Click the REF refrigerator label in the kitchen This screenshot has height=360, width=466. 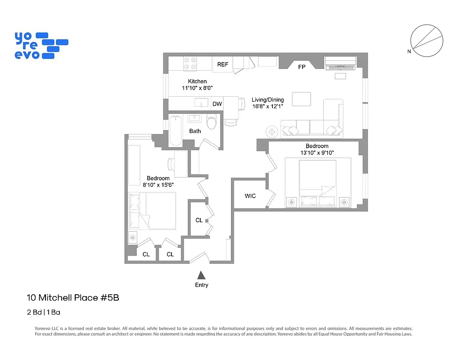(223, 65)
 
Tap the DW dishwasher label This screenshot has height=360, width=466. (217, 104)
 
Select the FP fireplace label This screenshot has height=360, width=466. (302, 67)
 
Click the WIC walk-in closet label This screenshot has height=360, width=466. (250, 196)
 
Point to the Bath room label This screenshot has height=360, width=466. (195, 131)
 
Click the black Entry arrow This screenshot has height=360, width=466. (202, 275)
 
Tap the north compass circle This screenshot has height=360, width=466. (426, 42)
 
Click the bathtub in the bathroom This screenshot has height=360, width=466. (176, 130)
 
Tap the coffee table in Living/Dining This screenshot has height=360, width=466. (301, 99)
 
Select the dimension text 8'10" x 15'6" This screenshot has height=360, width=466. (158, 184)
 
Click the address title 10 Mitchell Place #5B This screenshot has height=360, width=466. (73, 297)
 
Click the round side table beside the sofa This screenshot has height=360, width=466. (272, 131)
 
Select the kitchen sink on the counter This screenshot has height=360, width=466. (201, 103)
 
